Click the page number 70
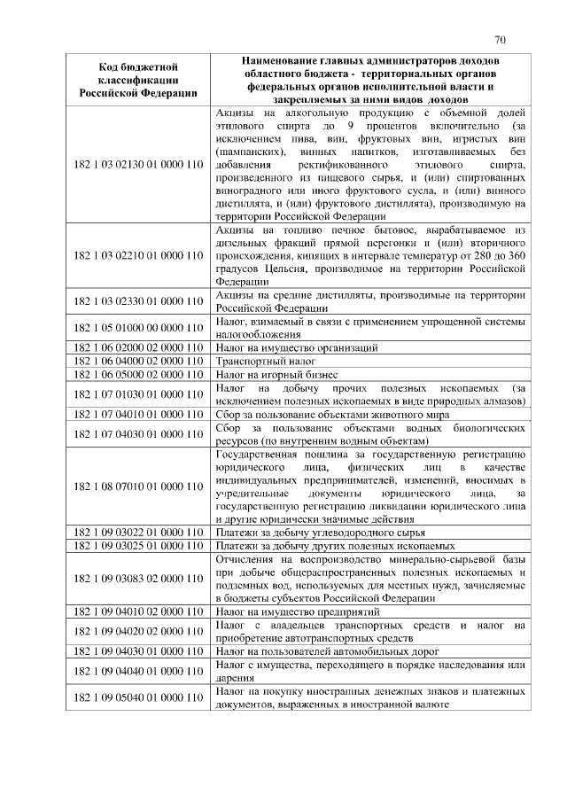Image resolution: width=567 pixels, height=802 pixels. tap(500, 39)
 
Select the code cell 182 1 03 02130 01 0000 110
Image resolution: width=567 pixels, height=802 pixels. tap(136, 164)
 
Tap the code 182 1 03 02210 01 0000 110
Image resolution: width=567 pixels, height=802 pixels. tap(136, 256)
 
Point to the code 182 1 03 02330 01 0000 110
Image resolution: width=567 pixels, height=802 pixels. tap(136, 302)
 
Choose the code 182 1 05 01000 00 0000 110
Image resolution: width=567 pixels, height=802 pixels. tap(136, 327)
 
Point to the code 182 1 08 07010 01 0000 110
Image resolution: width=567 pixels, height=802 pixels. tap(136, 487)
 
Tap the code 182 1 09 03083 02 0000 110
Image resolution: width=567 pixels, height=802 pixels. tap(136, 579)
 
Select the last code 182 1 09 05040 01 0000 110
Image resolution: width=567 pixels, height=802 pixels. tap(136, 698)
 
